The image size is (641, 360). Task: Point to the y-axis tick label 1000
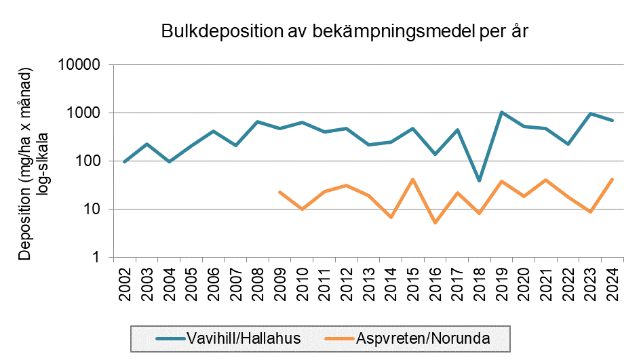pyautogui.click(x=86, y=113)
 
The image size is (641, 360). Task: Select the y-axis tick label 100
pyautogui.click(x=90, y=161)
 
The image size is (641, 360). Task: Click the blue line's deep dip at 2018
pyautogui.click(x=479, y=180)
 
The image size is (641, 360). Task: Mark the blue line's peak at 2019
pyautogui.click(x=501, y=113)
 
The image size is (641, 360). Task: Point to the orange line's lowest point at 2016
pyautogui.click(x=435, y=222)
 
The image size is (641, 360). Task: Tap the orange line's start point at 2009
pyautogui.click(x=279, y=193)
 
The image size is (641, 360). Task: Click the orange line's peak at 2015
pyautogui.click(x=412, y=180)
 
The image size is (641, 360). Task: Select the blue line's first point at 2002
pyautogui.click(x=125, y=161)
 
